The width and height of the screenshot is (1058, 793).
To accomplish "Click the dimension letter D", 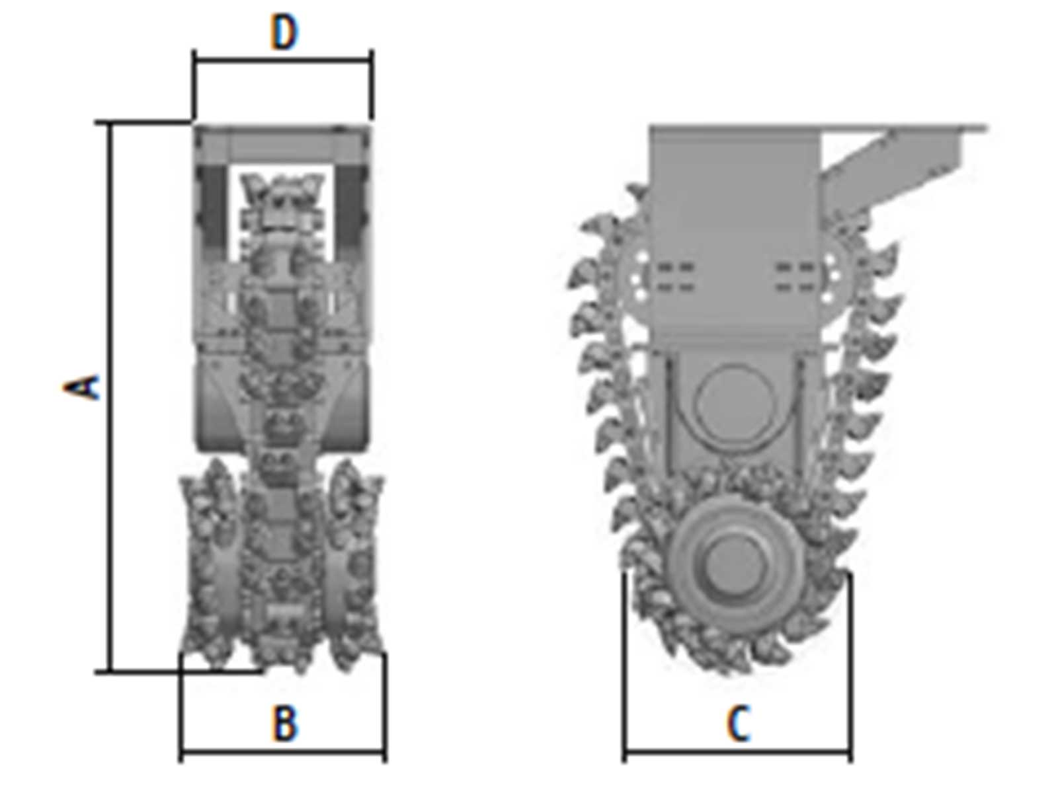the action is click(x=284, y=33).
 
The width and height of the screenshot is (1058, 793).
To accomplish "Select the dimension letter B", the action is click(x=285, y=723).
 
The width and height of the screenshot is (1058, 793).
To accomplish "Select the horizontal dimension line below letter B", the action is click(x=283, y=752).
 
